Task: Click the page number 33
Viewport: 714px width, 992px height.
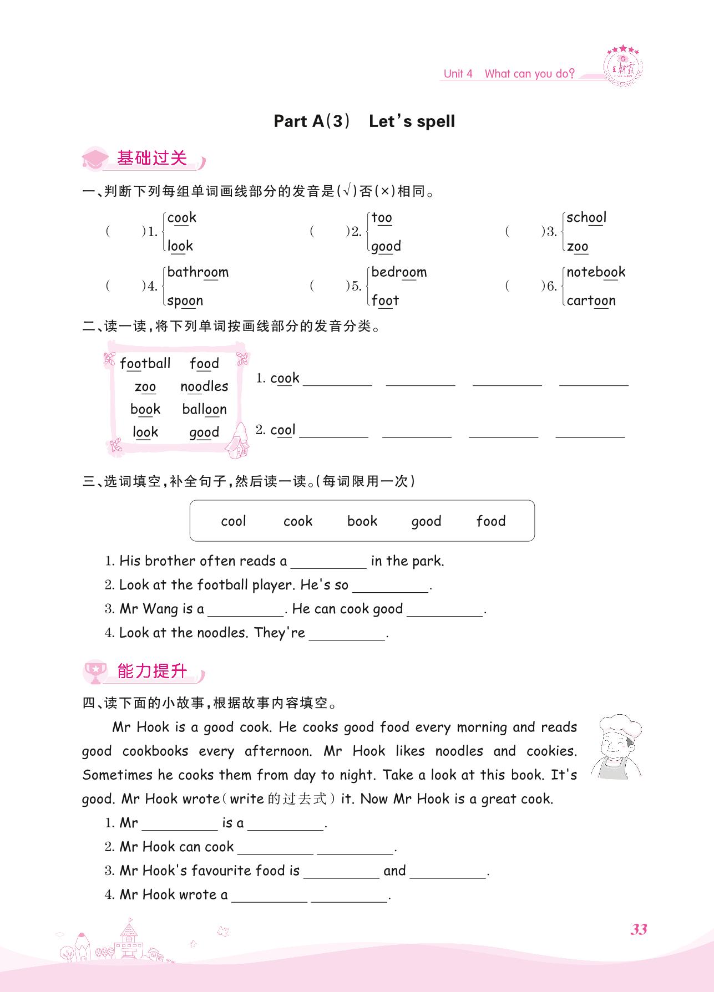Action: [x=639, y=929]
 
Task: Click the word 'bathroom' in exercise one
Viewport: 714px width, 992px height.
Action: [x=198, y=272]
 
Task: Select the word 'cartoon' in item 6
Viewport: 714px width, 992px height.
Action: [x=591, y=301]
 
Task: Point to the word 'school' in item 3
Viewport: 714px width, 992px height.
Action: [x=586, y=217]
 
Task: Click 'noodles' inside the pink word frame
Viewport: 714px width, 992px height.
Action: [x=204, y=386]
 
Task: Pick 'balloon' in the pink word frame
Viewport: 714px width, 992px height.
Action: [x=204, y=409]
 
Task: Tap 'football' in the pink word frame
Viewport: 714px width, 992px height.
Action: [x=145, y=364]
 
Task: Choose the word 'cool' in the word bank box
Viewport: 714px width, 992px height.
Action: [x=233, y=521]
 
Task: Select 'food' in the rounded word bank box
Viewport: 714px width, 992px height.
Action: [x=491, y=521]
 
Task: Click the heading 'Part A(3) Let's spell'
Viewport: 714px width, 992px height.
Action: [x=364, y=121]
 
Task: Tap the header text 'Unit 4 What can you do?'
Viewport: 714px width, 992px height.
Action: [x=509, y=74]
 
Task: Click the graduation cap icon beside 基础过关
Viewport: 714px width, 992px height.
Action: [x=95, y=159]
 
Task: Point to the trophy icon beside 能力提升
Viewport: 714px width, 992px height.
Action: [x=95, y=672]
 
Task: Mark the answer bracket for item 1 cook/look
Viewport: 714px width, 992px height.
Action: [x=125, y=232]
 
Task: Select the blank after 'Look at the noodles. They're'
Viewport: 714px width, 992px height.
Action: [x=347, y=634]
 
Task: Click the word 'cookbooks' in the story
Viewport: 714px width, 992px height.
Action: [x=155, y=751]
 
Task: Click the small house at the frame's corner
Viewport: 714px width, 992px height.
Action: [x=239, y=440]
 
